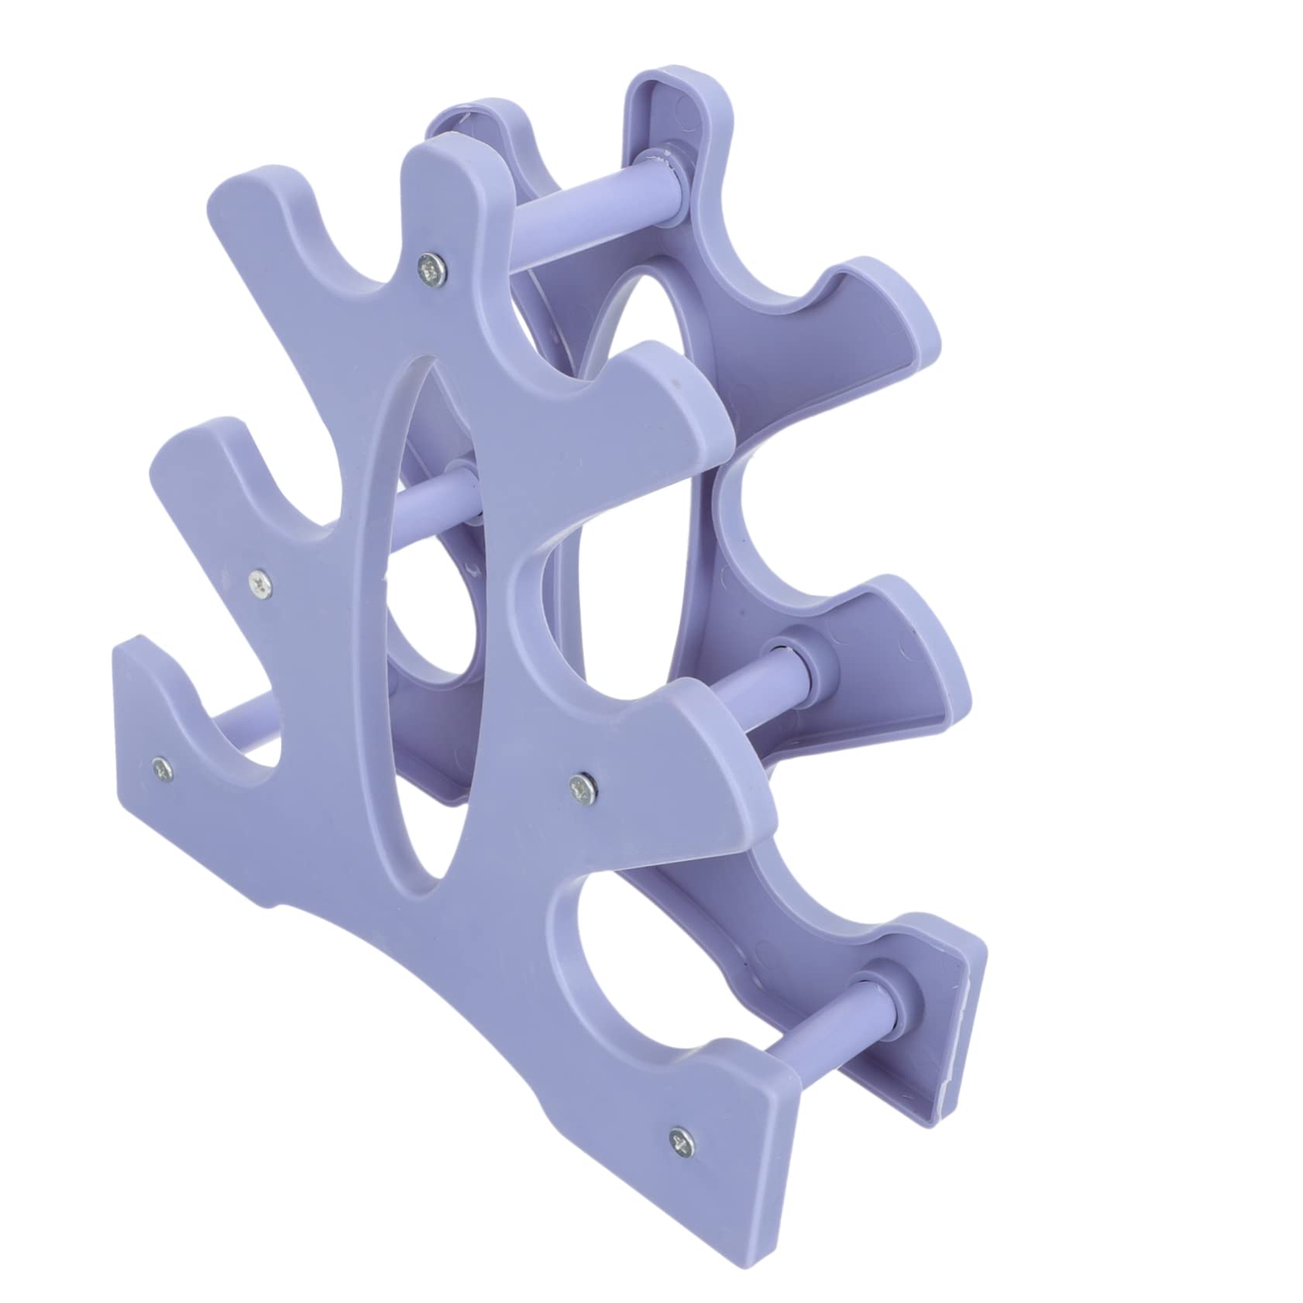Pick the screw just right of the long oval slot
click(583, 788)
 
